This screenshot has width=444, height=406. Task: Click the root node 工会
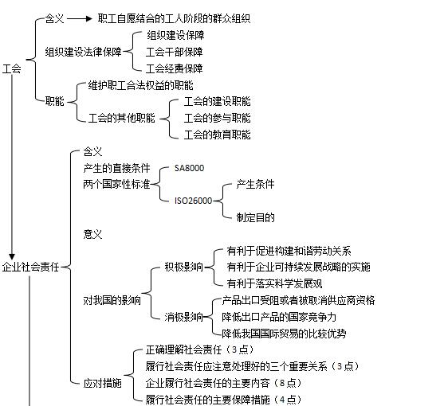pos(12,68)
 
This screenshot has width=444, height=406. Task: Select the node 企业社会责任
pos(30,267)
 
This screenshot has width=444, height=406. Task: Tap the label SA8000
pos(189,168)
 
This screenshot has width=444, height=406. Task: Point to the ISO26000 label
pos(194,201)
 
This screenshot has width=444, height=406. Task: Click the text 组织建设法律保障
pos(83,52)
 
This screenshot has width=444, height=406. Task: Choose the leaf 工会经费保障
pos(175,68)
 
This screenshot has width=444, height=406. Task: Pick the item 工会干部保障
pos(175,52)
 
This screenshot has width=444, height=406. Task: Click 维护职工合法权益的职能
pos(141,85)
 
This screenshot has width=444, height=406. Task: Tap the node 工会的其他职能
pos(122,118)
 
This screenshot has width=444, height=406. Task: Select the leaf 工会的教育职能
pos(217,135)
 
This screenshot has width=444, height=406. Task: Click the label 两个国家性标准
pos(116,185)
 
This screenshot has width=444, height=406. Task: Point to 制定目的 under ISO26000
pos(255,217)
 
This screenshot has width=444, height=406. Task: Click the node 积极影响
pos(184,267)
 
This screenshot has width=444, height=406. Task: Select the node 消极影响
pos(184,317)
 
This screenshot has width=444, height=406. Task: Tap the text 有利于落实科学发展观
pos(274,283)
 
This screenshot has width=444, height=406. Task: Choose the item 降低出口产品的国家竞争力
pos(279,317)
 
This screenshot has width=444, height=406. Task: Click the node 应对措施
pos(103,384)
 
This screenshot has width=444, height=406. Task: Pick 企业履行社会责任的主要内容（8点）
pos(224,383)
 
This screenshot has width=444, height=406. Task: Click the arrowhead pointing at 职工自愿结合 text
pos(89,19)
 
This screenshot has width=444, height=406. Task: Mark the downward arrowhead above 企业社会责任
pos(12,256)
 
